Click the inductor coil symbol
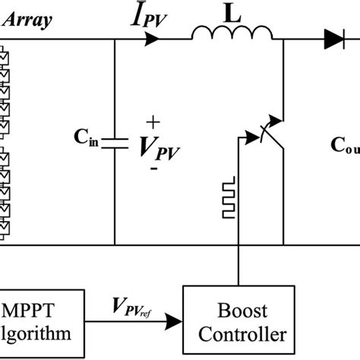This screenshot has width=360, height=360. pyautogui.click(x=232, y=34)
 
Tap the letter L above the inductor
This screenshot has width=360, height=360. pyautogui.click(x=231, y=13)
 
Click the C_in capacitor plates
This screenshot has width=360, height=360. pyautogui.click(x=115, y=142)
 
